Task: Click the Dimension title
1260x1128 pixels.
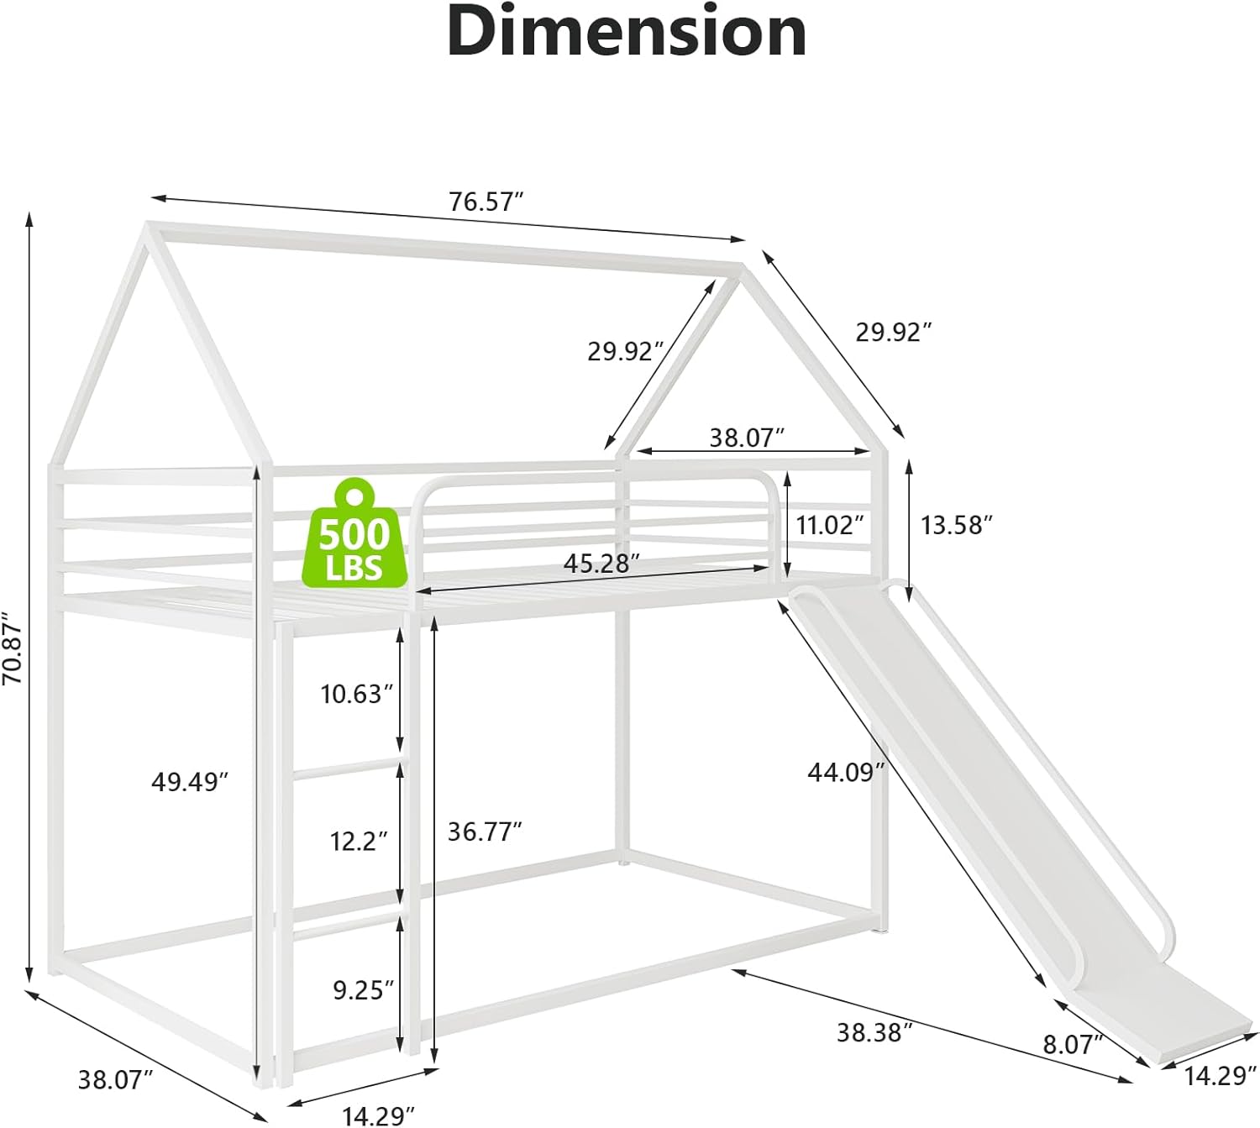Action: point(627,33)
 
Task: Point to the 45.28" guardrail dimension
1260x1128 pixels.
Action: point(597,564)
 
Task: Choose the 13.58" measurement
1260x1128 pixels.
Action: point(957,526)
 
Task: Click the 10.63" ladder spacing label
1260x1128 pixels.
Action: point(356,694)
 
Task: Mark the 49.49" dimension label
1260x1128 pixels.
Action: point(190,782)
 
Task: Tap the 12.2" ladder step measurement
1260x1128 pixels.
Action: point(359,840)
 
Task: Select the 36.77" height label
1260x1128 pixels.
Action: point(485,832)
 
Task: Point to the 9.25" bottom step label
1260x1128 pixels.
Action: point(363,990)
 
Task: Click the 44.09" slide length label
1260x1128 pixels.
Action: point(846,772)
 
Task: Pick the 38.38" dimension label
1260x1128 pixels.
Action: point(874,1032)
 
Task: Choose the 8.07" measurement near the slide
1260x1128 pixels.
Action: point(1073,1045)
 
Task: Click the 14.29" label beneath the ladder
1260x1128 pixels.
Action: point(379,1115)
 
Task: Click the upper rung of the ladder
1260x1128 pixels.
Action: point(346,769)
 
